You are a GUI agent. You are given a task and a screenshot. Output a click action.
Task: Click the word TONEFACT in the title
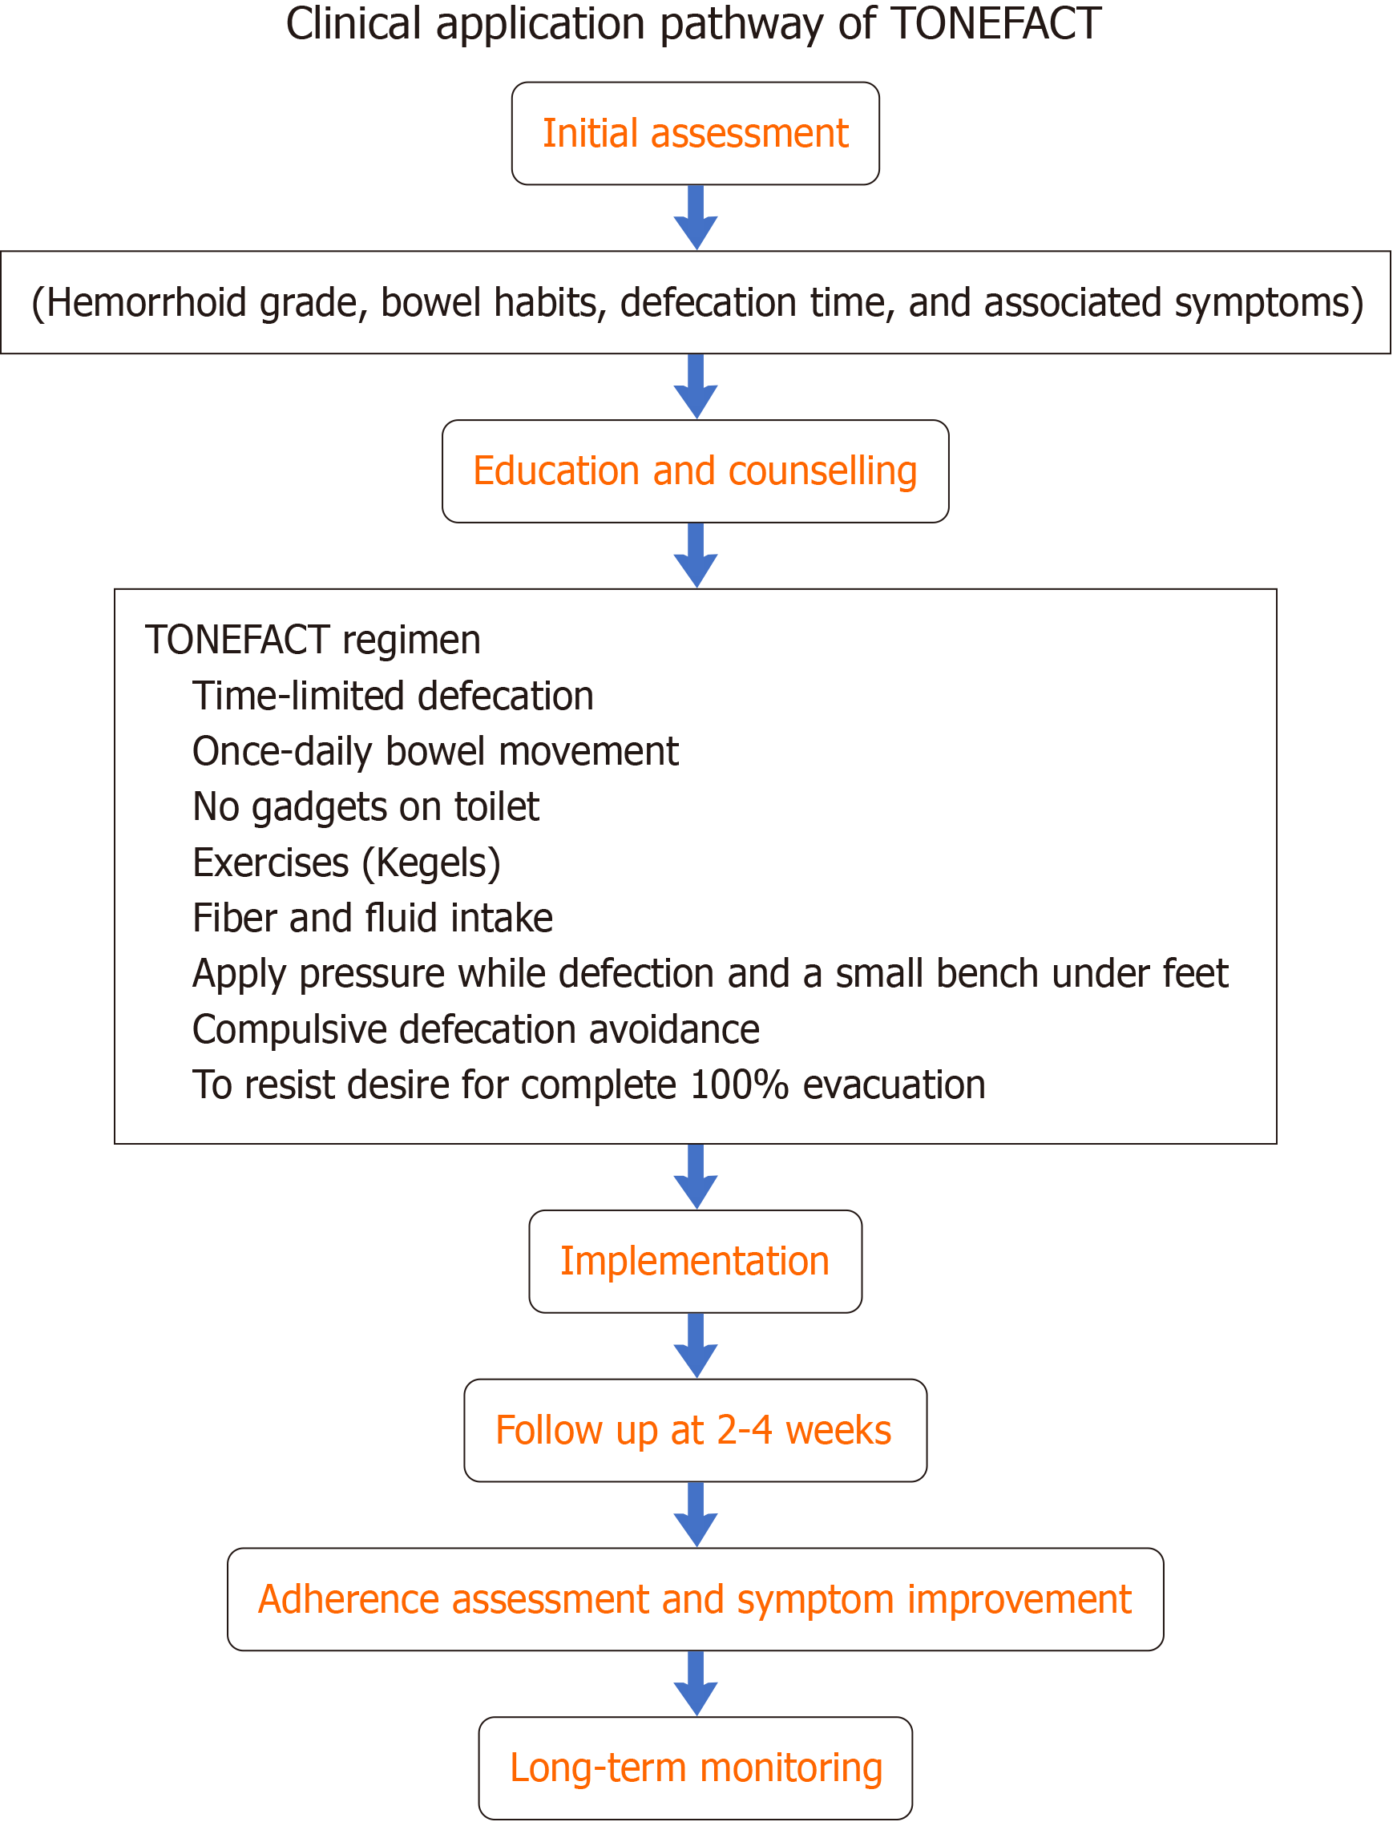pos(995,23)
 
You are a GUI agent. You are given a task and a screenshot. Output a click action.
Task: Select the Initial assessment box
pos(695,133)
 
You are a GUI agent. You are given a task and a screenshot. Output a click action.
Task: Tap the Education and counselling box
pos(695,471)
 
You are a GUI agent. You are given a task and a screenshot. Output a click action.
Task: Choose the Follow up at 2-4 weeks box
pos(695,1430)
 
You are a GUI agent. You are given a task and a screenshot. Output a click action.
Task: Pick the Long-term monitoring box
pos(695,1767)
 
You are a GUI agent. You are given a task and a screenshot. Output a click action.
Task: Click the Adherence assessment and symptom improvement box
pos(695,1599)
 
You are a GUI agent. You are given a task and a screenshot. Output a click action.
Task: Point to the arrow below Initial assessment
pos(696,217)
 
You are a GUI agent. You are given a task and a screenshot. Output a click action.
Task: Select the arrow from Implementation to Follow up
pos(696,1345)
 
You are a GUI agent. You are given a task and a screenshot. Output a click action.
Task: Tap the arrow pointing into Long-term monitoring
pos(696,1683)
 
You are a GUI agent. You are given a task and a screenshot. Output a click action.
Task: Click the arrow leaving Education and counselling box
pos(696,555)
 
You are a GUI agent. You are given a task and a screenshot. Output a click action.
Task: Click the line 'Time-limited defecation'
pos(394,696)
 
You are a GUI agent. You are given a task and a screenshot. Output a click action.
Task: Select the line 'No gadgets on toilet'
pos(365,807)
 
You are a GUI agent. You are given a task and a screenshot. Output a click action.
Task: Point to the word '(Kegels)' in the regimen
pos(431,863)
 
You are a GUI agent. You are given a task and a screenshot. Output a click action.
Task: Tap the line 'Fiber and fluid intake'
pos(373,918)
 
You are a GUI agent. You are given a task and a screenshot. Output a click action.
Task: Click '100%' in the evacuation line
pos(739,1085)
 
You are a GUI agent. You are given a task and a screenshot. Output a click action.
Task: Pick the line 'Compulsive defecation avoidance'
pos(475,1029)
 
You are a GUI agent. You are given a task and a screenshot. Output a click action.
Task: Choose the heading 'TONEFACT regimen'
pos(313,640)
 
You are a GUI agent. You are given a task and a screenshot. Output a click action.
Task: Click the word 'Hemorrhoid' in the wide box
pos(147,303)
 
